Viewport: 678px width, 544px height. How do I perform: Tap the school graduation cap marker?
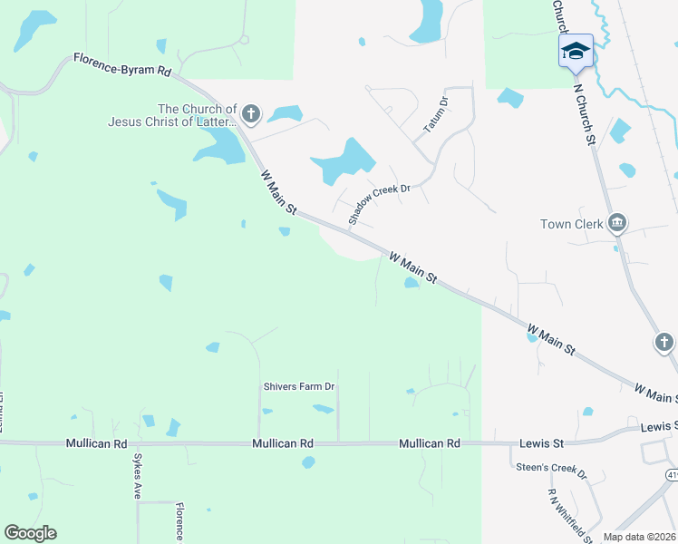[576, 51]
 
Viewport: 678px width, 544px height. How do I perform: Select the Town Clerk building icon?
[618, 222]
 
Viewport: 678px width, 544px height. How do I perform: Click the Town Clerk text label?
[572, 224]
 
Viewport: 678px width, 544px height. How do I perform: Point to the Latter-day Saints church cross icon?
[251, 114]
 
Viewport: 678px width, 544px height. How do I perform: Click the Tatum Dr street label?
[437, 117]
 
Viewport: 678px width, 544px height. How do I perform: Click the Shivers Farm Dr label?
[299, 386]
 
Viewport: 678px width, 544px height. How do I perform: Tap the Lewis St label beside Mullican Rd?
[541, 443]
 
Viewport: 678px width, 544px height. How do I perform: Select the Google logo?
[30, 533]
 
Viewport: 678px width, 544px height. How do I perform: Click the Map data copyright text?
[638, 537]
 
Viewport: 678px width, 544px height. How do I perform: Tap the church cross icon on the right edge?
[664, 343]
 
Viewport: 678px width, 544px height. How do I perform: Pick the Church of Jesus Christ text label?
[172, 114]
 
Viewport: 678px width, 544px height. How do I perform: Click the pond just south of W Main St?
[412, 283]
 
